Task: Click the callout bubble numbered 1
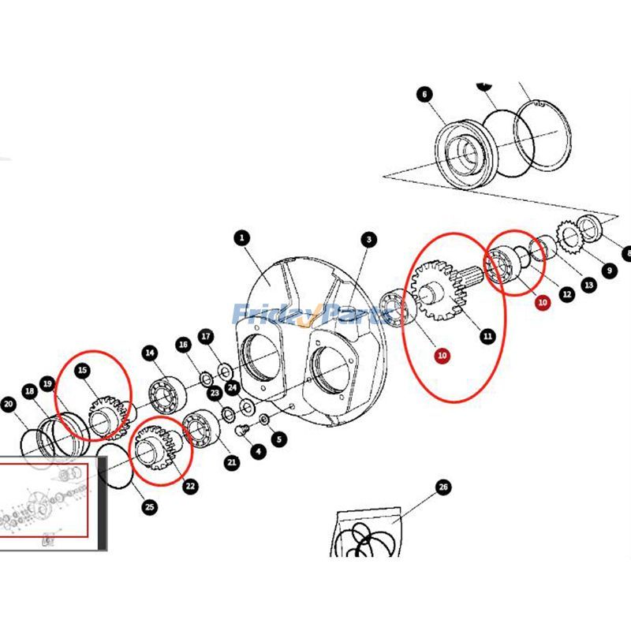coord(241,237)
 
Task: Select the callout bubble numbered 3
coord(368,239)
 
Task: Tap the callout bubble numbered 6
coord(424,95)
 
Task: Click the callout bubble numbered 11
coord(487,337)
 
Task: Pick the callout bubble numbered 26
coord(443,488)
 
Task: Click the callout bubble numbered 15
coord(81,370)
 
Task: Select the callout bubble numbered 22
coord(190,486)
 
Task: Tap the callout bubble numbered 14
coord(149,353)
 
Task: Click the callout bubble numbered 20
coord(8,405)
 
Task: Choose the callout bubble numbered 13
coord(588,286)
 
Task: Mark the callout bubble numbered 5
coord(279,439)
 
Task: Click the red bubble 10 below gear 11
coord(442,356)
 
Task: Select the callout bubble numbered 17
coord(205,337)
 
